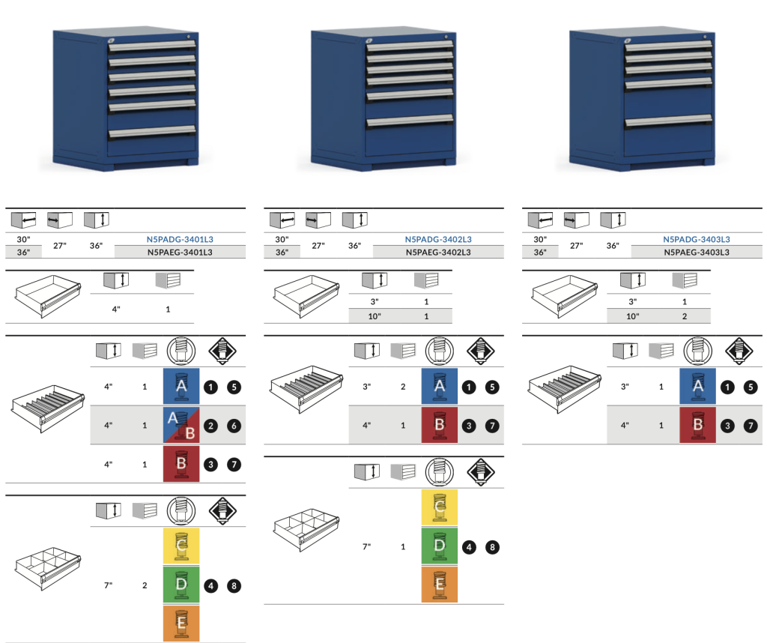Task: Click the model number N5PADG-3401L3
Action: [181, 240]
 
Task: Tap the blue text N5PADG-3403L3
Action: [696, 240]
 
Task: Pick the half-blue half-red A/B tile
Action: [181, 425]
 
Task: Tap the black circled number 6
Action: [234, 426]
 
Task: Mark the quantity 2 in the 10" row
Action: [685, 316]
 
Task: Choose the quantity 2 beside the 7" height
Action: [145, 585]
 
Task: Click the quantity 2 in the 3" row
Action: [403, 387]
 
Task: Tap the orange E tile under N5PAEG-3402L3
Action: [439, 585]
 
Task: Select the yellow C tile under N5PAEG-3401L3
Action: [181, 546]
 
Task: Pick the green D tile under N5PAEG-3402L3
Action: [439, 546]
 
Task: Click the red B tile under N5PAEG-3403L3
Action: [697, 425]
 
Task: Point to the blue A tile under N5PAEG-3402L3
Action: [439, 387]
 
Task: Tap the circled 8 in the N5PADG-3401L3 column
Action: [234, 585]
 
